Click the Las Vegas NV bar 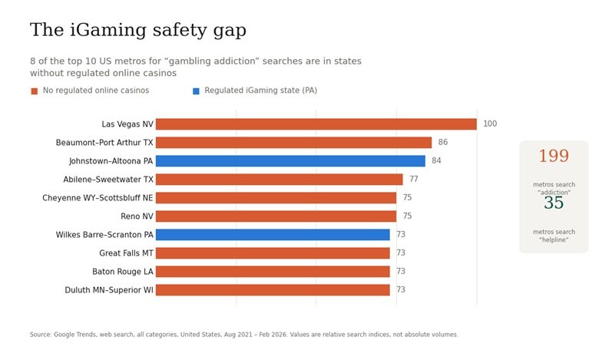pyautogui.click(x=316, y=124)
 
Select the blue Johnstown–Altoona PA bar pyautogui.click(x=290, y=161)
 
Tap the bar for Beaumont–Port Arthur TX pyautogui.click(x=293, y=143)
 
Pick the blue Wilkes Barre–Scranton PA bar pyautogui.click(x=273, y=235)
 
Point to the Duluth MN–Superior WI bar pyautogui.click(x=273, y=290)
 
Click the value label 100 pyautogui.click(x=490, y=124)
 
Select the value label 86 pyautogui.click(x=443, y=142)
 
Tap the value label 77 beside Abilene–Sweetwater pyautogui.click(x=414, y=179)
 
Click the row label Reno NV pyautogui.click(x=137, y=216)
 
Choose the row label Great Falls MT pyautogui.click(x=126, y=253)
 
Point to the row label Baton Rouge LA pyautogui.click(x=123, y=272)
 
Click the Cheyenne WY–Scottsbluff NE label pyautogui.click(x=98, y=198)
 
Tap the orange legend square pyautogui.click(x=35, y=91)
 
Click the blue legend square pyautogui.click(x=196, y=91)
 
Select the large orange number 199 pyautogui.click(x=554, y=156)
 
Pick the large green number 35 pyautogui.click(x=554, y=203)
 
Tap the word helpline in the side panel pyautogui.click(x=554, y=239)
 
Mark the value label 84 pyautogui.click(x=436, y=160)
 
